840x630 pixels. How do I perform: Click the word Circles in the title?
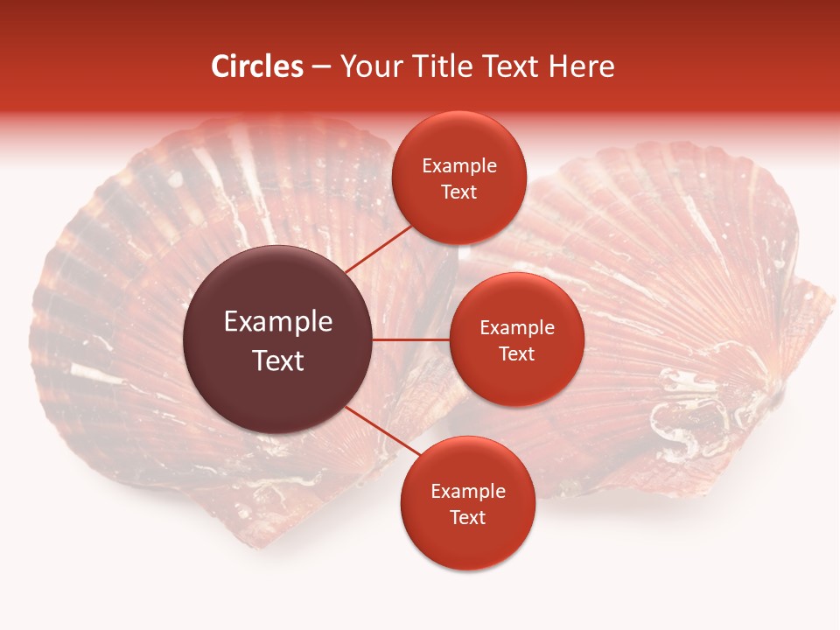coord(256,66)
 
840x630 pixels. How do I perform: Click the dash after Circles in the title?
coord(321,67)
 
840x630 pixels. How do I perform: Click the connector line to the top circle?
coord(379,248)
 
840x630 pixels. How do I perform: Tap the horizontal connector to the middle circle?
coord(410,339)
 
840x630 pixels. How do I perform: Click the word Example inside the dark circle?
coord(278,322)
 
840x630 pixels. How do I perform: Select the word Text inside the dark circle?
coord(278,360)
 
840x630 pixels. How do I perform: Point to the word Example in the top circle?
coord(459,166)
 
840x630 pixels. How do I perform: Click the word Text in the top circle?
coord(458,192)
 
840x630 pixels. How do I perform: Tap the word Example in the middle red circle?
coord(517,328)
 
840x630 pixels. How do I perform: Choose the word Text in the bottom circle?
coord(467,518)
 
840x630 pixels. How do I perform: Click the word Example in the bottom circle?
coord(468,492)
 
